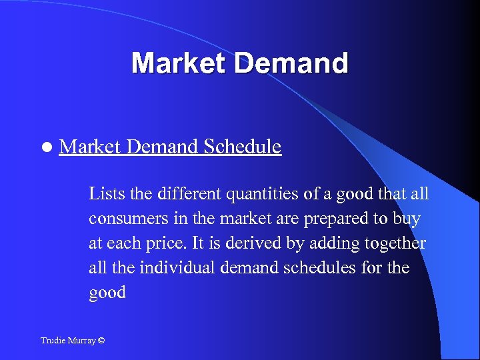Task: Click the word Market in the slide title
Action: point(178,63)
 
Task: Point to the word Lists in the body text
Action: point(105,194)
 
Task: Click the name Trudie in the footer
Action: point(53,341)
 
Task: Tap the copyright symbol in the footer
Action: point(101,341)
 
